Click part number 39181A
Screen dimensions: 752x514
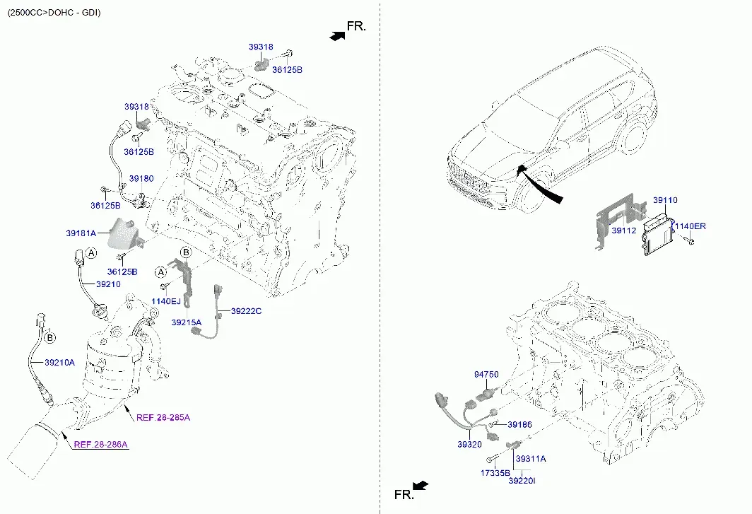click(81, 233)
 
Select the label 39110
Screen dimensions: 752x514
click(665, 200)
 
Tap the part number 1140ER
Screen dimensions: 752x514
click(690, 226)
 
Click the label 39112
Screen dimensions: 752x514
click(623, 230)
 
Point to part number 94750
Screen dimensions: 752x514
click(486, 374)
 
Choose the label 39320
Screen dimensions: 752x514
click(469, 445)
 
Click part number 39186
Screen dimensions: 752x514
click(520, 424)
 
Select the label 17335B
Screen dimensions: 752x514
click(495, 473)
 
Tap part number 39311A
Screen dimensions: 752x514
click(530, 459)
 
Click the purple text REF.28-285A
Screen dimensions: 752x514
click(163, 418)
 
